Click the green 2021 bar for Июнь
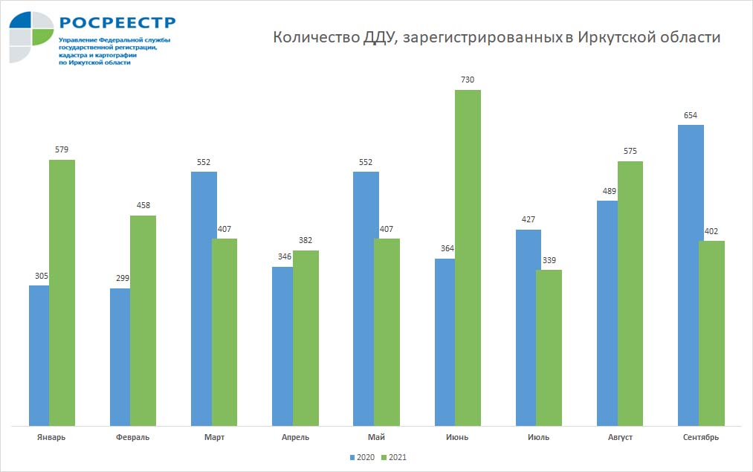[468, 258]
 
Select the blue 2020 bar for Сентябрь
[691, 275]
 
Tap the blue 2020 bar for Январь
[39, 355]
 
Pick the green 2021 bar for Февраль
[143, 320]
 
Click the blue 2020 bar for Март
[204, 299]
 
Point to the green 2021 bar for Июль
[549, 348]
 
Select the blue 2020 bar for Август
[607, 313]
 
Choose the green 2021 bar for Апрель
[306, 338]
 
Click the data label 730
[467, 80]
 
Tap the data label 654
[691, 114]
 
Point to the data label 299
[122, 278]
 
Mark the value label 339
[549, 259]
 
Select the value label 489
[609, 190]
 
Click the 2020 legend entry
[361, 458]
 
